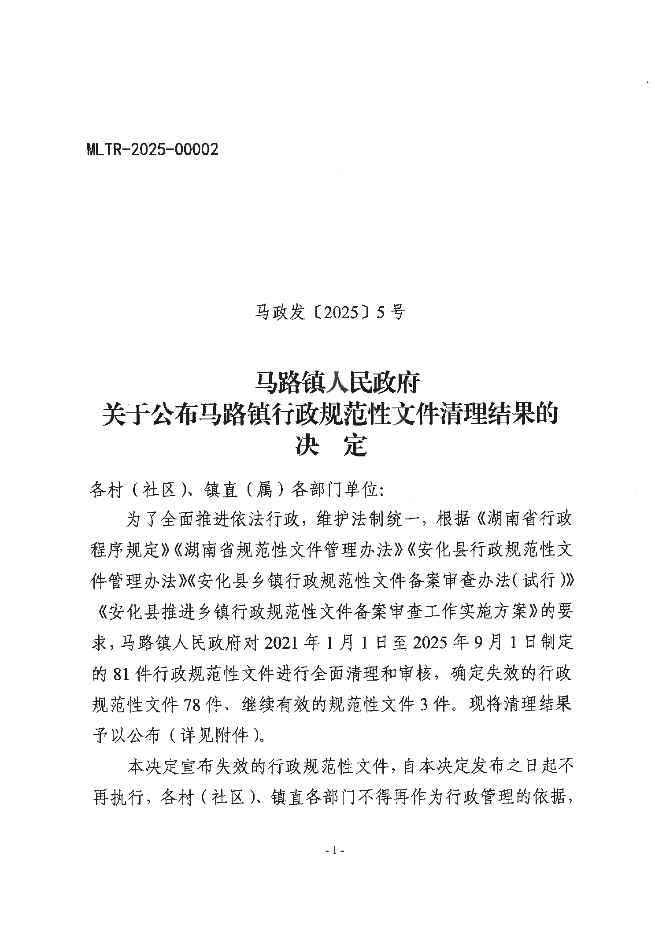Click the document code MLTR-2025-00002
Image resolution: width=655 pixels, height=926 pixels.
tap(152, 150)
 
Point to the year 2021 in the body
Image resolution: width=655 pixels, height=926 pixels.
tap(281, 643)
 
